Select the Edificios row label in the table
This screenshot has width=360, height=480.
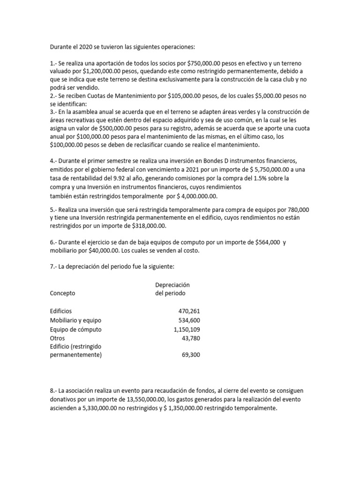coord(61,311)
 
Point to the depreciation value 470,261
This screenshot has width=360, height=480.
coord(189,311)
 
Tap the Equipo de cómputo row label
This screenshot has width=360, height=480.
coord(75,330)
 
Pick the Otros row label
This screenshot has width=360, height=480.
coord(57,338)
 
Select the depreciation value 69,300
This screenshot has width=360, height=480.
coord(191,355)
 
